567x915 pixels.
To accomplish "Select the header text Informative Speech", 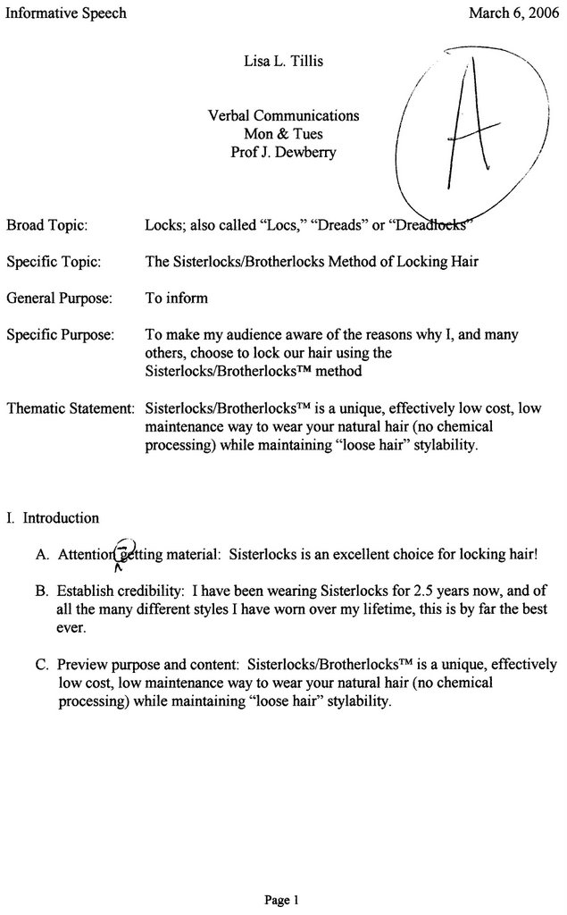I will [x=66, y=13].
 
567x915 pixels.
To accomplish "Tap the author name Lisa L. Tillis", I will [x=283, y=63].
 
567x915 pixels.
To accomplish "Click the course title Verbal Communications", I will [x=283, y=115].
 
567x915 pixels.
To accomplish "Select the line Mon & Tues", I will [x=283, y=133].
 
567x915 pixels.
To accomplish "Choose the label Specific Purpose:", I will [x=59, y=335].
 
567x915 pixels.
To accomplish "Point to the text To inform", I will [x=176, y=298].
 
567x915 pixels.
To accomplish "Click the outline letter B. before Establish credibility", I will [x=42, y=591].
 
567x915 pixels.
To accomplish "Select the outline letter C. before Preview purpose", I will [x=42, y=665].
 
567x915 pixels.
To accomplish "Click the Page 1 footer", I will [x=283, y=899].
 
